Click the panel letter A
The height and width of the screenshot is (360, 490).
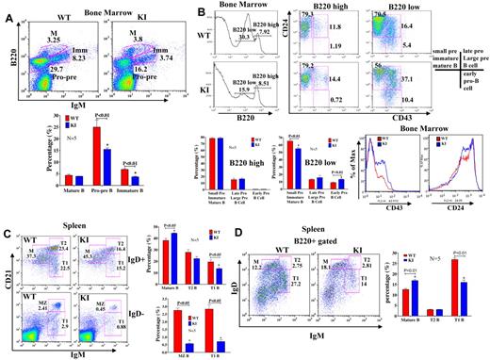8,8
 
